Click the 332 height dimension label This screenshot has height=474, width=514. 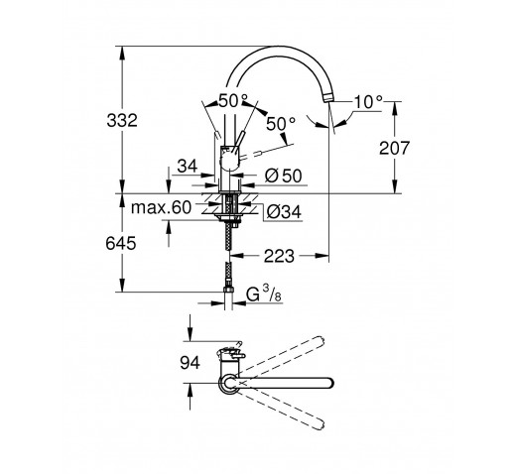[122, 120]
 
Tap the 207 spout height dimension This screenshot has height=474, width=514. [394, 148]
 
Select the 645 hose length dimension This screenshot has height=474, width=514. [121, 244]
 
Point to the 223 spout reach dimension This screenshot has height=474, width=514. [279, 256]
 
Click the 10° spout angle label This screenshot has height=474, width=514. [368, 102]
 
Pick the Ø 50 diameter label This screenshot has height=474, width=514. [284, 176]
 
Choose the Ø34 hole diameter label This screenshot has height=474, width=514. [284, 212]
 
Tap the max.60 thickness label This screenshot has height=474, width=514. [161, 207]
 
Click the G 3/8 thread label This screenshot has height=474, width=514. [264, 294]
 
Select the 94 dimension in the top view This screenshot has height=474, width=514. [190, 363]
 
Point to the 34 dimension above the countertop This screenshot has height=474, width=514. [188, 166]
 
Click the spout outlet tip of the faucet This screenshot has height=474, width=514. [328, 97]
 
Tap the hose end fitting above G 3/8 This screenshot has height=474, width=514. [228, 290]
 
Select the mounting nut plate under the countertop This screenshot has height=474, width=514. [228, 216]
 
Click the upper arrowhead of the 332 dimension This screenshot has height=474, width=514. [122, 53]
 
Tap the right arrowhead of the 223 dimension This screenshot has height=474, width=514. [322, 256]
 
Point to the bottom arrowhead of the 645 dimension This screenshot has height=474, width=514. [122, 286]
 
